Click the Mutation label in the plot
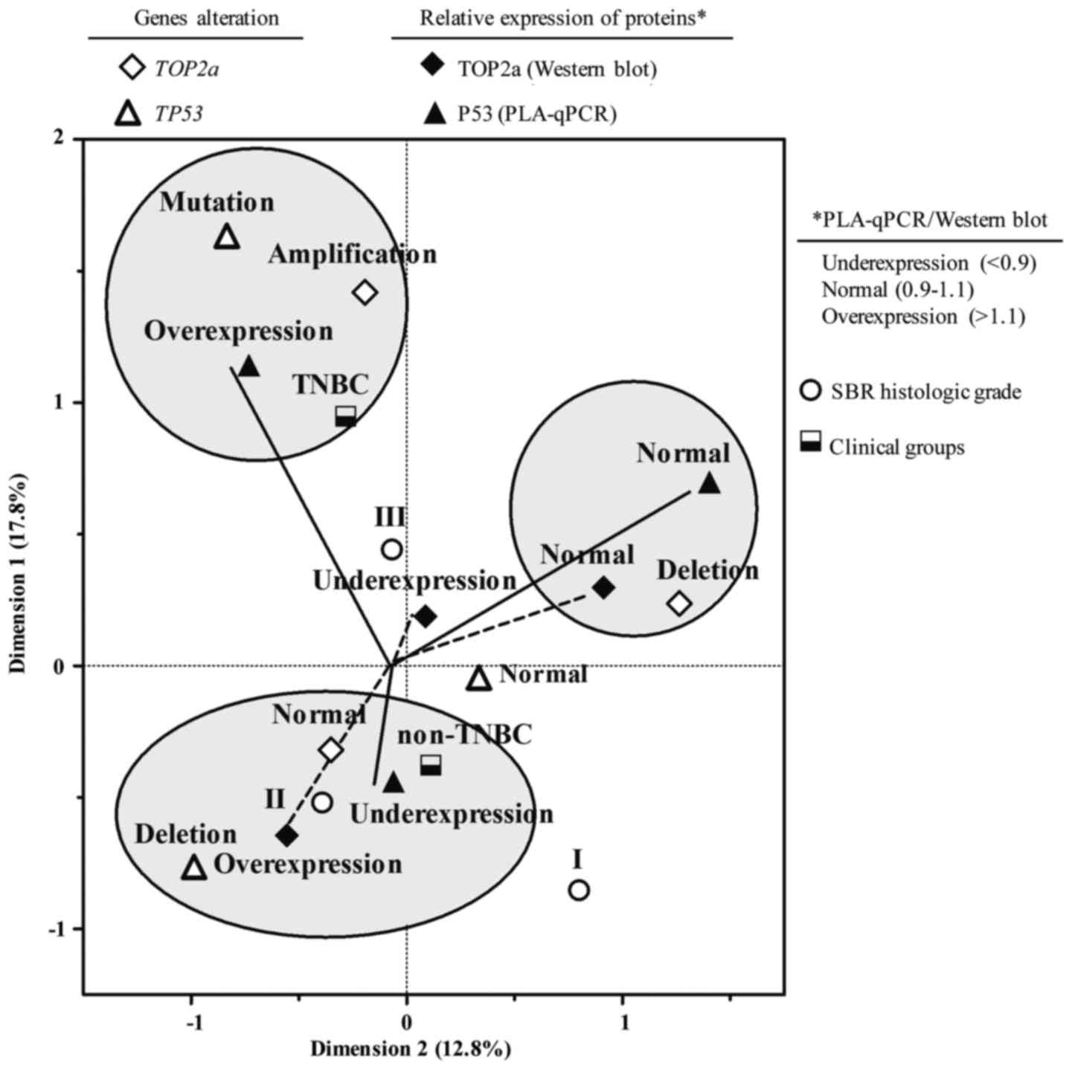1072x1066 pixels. point(216,202)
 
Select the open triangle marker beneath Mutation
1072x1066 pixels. point(228,237)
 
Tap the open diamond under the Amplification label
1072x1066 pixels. point(365,292)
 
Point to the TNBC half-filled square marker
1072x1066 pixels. point(345,416)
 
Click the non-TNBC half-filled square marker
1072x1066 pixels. point(431,765)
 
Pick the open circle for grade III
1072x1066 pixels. point(392,549)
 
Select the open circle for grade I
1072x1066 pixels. point(579,890)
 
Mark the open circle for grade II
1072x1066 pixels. point(322,802)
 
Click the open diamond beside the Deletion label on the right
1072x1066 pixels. point(679,604)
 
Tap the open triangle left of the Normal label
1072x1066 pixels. point(478,678)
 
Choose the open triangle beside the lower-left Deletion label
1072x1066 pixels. point(194,867)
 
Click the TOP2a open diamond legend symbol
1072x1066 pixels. point(132,69)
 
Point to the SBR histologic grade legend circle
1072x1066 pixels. point(810,391)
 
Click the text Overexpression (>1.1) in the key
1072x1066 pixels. point(923,317)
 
